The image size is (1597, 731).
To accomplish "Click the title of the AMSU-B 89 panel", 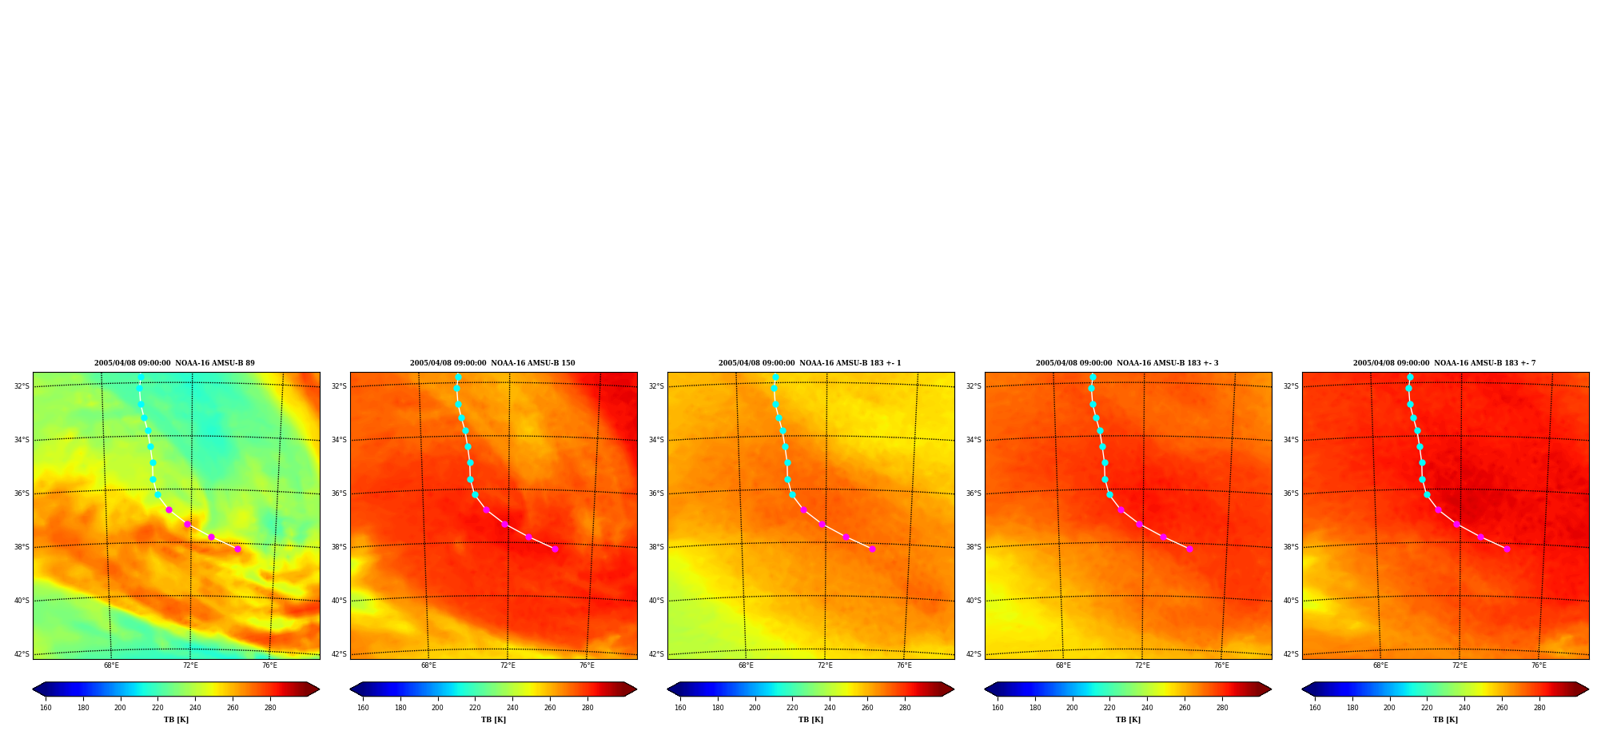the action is (174, 363).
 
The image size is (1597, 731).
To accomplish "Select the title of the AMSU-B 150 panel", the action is (492, 363).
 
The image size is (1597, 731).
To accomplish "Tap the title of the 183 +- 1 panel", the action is (810, 363).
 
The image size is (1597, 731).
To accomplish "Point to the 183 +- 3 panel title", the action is (1127, 363).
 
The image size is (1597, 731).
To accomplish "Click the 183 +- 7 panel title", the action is (1444, 363).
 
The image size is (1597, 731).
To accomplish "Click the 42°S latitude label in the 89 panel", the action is (22, 654).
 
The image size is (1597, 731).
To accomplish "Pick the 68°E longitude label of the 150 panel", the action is (428, 665).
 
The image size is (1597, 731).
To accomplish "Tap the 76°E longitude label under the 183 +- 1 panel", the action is (904, 665).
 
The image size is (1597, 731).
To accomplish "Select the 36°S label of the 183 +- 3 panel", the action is (974, 493).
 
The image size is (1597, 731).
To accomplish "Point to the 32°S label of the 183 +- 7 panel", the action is (1291, 386).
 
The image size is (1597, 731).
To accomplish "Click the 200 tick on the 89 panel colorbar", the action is (120, 707).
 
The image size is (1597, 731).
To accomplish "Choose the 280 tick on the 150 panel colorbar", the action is (587, 707).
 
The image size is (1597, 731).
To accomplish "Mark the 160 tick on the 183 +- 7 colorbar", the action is (1315, 707).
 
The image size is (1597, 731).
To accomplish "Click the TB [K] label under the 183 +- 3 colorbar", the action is (1128, 720).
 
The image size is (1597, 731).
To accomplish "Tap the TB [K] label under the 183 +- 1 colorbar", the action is (810, 720).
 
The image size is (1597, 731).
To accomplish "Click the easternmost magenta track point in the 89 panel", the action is (237, 549).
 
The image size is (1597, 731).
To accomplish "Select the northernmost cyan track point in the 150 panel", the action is (458, 377).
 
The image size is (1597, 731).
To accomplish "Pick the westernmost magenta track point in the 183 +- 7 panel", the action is (1438, 509).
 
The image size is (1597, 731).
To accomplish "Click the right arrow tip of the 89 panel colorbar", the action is (319, 689).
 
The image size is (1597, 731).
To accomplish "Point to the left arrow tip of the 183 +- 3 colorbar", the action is (985, 689).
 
